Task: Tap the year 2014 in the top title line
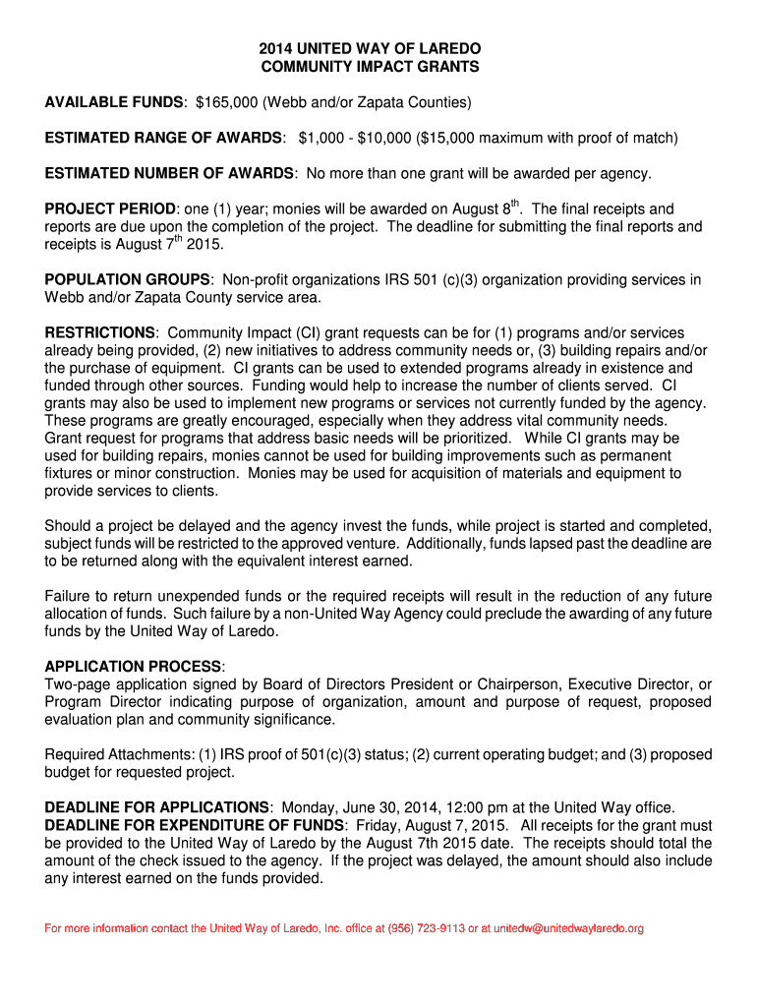pos(276,48)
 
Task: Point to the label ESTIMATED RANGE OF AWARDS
pos(164,138)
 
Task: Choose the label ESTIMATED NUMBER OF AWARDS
pos(169,173)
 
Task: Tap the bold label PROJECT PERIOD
pos(110,209)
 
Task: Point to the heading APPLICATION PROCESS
pos(134,667)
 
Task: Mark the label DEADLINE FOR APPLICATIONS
pos(156,807)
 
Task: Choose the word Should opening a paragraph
pos(70,525)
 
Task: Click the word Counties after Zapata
pos(439,102)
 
